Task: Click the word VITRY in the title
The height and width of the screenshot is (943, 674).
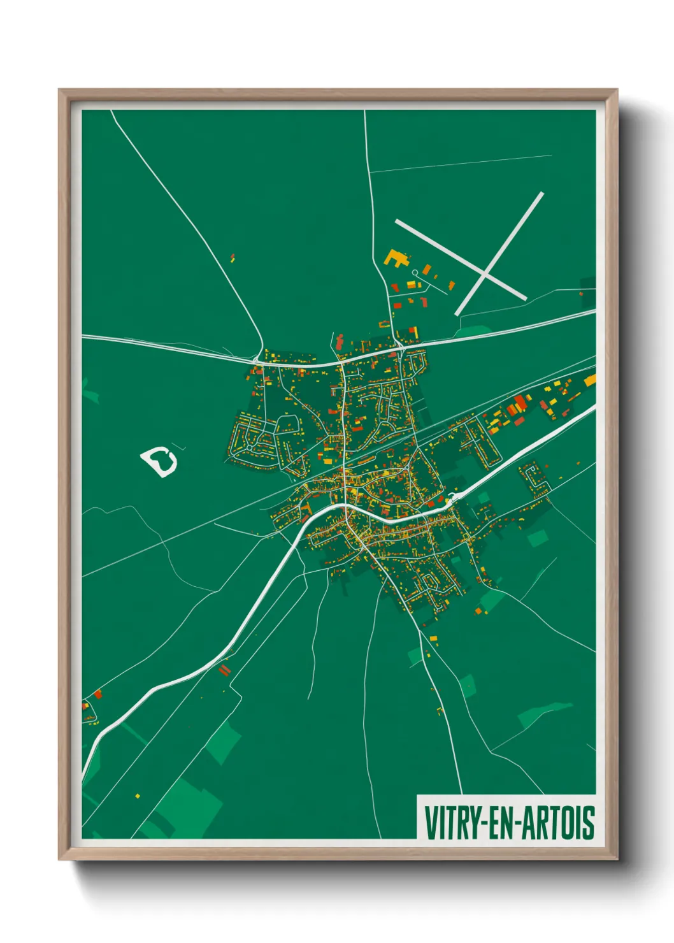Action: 454,823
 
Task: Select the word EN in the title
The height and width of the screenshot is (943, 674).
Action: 502,823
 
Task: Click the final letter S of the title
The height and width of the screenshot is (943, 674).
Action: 590,823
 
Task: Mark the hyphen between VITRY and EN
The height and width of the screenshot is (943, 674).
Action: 485,823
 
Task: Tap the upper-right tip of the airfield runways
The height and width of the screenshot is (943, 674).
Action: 541,194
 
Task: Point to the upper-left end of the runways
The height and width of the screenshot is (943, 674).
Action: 398,222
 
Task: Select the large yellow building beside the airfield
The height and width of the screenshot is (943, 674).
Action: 396,258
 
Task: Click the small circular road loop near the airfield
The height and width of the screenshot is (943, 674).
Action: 415,273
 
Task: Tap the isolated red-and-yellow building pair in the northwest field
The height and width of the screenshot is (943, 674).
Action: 233,258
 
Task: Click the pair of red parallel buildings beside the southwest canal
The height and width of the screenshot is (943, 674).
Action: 224,670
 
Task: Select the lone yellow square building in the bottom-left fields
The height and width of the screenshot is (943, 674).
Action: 138,796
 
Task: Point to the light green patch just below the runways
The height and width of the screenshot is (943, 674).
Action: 475,331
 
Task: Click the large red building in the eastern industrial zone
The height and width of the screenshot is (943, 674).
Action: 520,403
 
